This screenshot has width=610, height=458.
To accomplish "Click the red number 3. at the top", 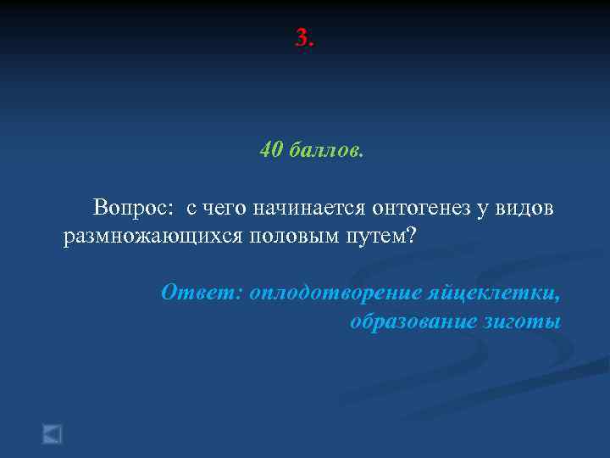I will (x=305, y=38).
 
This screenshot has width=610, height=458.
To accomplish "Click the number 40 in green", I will (x=271, y=150).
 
